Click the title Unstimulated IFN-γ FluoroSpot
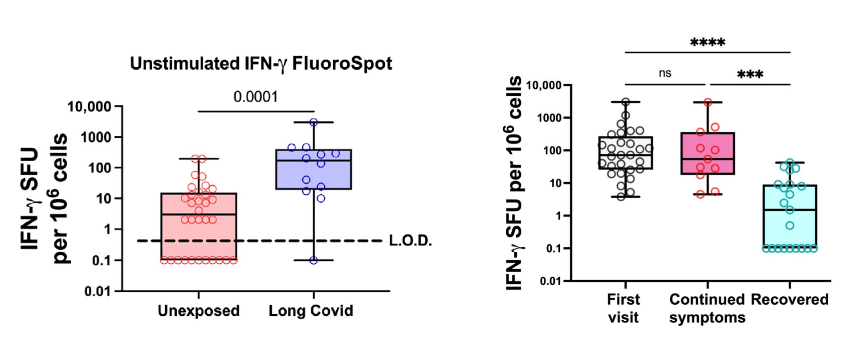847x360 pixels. point(261,64)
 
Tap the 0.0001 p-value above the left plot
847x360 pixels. point(256,97)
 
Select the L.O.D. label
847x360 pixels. point(410,241)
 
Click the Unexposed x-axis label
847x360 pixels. point(199,311)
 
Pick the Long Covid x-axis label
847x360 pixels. point(311,311)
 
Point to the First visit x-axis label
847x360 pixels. point(623,308)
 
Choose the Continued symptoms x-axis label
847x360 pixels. point(707,308)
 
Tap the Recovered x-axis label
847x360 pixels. point(790,299)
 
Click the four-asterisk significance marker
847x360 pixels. point(708,43)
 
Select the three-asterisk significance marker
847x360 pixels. point(750,74)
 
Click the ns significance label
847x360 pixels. point(664,73)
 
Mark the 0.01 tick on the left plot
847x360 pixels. point(98,291)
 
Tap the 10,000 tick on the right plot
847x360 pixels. point(544,85)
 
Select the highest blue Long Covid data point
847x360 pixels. point(314,122)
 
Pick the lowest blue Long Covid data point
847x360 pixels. point(314,260)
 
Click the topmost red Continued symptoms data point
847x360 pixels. point(708,102)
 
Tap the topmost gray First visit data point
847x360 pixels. point(626,102)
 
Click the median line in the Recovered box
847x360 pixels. point(790,209)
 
